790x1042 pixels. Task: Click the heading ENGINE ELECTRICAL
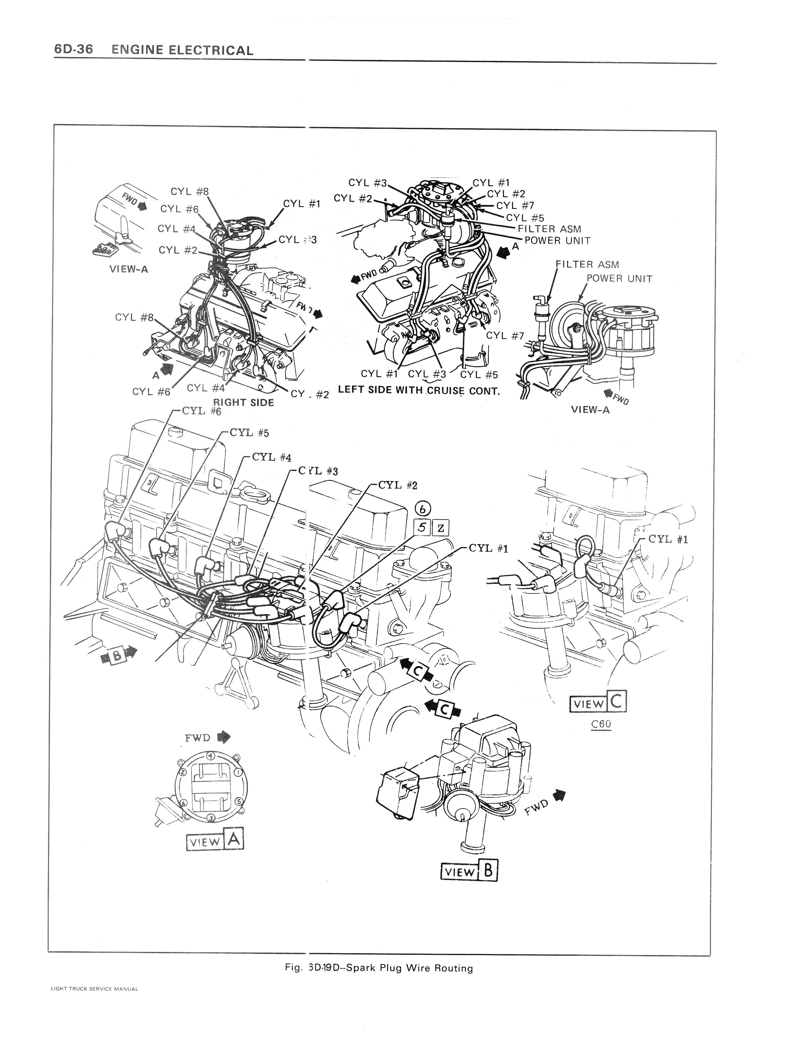pos(183,50)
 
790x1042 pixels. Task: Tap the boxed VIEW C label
pos(598,703)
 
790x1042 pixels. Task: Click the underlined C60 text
pos(601,724)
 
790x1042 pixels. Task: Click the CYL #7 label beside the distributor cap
pos(515,205)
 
